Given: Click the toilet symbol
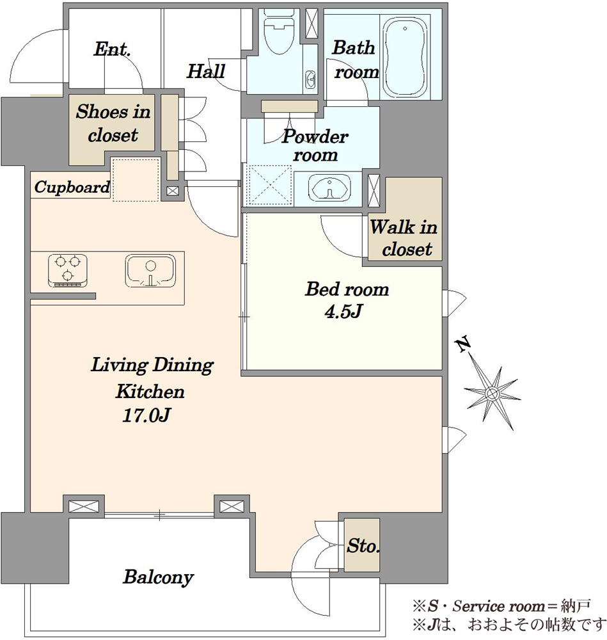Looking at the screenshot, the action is [279, 32].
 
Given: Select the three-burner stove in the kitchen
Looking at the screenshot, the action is [68, 270].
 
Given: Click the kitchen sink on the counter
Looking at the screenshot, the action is [150, 271].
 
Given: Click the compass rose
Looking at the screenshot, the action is [492, 394].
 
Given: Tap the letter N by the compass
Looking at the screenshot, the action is [463, 345].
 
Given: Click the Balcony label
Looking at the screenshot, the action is [158, 577].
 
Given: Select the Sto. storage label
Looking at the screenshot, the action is [363, 546].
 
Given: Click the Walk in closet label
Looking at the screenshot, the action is [404, 237].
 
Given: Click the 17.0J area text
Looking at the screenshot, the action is [146, 415].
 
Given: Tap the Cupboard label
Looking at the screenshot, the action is [72, 188].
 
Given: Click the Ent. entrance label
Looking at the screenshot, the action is [112, 49].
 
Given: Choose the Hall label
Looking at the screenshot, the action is [205, 72].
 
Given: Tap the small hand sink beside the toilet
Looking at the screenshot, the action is [311, 77].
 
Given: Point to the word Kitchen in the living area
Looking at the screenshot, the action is [150, 392].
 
